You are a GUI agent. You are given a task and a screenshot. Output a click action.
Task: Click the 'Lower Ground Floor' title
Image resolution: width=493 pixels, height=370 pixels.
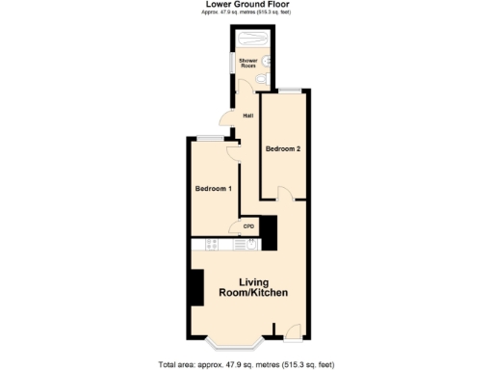coord(246,5)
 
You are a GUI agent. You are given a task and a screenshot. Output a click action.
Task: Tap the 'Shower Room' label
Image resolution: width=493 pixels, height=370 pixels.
coord(247,63)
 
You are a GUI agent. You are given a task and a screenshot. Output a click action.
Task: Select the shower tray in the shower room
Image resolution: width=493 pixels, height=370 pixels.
coord(253,40)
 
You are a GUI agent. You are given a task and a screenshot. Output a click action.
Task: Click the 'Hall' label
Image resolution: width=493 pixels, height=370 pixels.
coord(247,117)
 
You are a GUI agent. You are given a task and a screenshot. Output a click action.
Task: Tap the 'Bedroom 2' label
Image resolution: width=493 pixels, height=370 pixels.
coord(284,149)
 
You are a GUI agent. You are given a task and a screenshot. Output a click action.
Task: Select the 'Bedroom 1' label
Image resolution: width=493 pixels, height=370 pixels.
coord(213,188)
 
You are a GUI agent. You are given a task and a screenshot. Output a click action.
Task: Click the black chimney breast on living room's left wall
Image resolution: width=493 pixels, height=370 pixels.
coord(196,288)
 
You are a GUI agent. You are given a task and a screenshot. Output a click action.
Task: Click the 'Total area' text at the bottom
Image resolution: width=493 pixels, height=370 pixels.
coord(246,363)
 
